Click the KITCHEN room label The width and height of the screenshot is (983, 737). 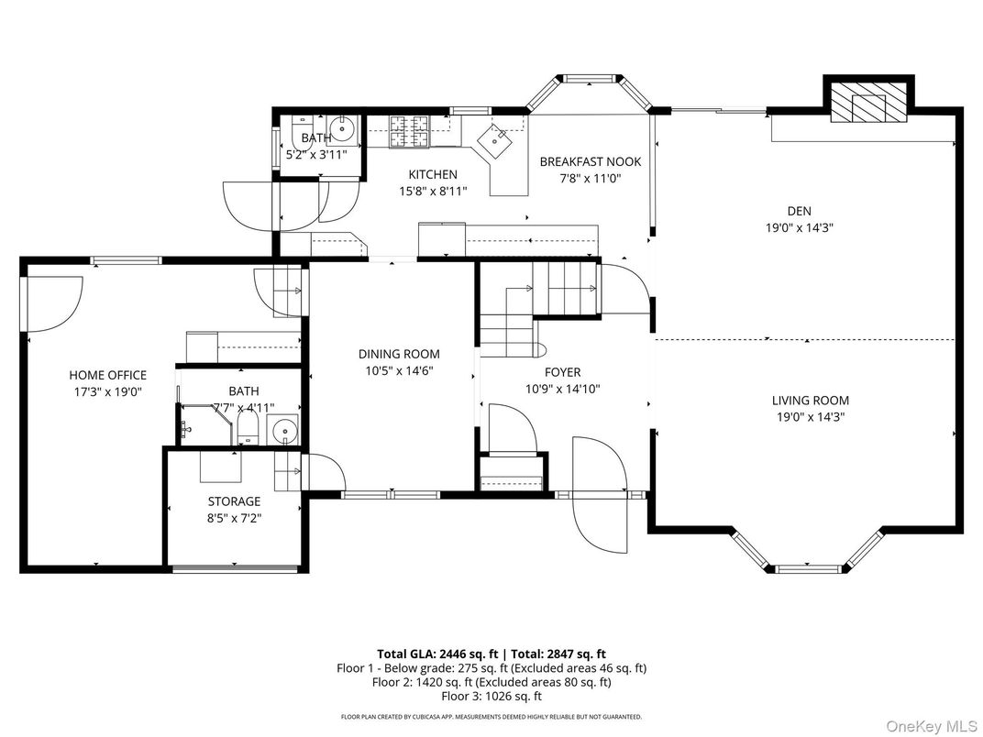click(x=432, y=174)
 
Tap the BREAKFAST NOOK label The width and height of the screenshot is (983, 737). click(x=590, y=161)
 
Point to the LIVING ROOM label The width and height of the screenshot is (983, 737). click(x=810, y=400)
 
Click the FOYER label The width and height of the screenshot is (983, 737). click(x=562, y=372)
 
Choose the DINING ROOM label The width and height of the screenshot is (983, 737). click(x=398, y=354)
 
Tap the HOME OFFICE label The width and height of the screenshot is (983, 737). click(x=107, y=375)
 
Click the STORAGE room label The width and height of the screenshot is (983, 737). click(x=234, y=501)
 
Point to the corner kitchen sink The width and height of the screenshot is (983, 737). click(x=501, y=140)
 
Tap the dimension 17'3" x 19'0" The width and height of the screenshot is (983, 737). click(x=107, y=391)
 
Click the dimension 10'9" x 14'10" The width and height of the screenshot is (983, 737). click(x=562, y=389)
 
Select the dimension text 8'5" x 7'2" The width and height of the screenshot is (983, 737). click(x=234, y=518)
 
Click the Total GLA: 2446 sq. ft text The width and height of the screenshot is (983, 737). click(x=436, y=654)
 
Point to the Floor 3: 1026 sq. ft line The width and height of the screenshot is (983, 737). click(x=491, y=696)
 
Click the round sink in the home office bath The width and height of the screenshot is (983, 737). click(x=284, y=428)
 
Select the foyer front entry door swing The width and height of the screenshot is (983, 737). click(x=598, y=495)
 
